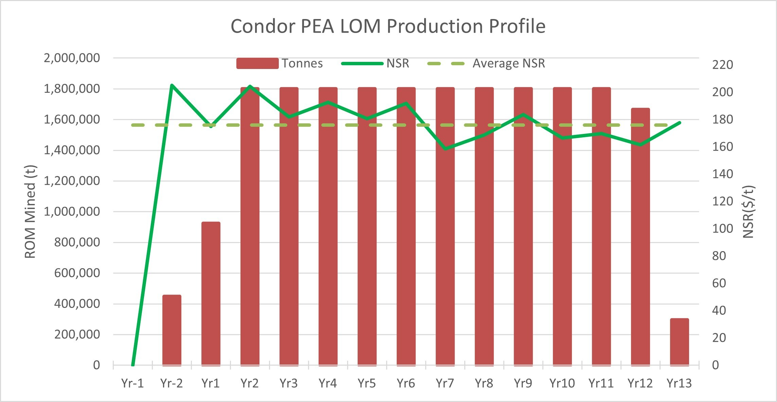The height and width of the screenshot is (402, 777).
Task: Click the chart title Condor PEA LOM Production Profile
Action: click(x=388, y=26)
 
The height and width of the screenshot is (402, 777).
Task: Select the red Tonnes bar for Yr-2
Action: click(x=172, y=330)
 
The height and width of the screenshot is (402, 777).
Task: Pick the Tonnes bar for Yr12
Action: click(x=640, y=238)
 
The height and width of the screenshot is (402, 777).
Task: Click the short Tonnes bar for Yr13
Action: click(x=680, y=342)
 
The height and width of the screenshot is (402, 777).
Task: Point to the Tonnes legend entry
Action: click(x=279, y=64)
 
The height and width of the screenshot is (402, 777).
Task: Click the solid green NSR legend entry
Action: click(x=375, y=64)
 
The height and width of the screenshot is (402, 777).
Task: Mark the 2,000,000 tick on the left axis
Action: click(x=72, y=58)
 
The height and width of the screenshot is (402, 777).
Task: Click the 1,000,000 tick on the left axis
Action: click(x=72, y=212)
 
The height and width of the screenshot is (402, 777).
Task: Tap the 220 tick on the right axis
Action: click(x=722, y=65)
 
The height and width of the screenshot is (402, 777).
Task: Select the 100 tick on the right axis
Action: click(x=722, y=229)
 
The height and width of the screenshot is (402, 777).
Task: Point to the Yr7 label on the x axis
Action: click(x=445, y=383)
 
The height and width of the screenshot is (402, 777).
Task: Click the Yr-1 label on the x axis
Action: click(x=132, y=383)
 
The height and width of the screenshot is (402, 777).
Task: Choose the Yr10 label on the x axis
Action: click(x=562, y=383)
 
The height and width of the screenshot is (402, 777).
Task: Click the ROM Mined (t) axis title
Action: click(x=31, y=212)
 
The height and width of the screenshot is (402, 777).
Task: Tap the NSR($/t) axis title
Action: click(x=748, y=212)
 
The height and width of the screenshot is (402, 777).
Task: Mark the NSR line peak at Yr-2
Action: click(x=172, y=85)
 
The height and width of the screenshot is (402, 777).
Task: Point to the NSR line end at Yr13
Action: click(x=680, y=122)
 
